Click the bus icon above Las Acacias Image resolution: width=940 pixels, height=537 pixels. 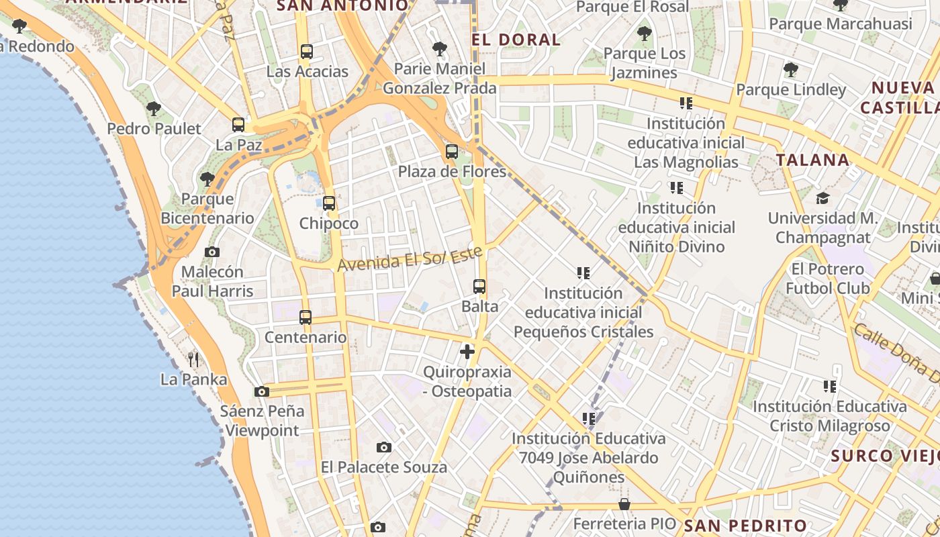click(307, 52)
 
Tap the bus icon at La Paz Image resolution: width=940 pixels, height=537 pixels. click(238, 125)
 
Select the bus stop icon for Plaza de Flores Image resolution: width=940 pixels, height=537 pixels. click(452, 152)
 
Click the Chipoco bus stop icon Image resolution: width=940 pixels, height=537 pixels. click(329, 203)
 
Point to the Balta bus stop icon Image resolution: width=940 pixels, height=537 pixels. click(479, 287)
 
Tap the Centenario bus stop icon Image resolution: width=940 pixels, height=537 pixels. click(305, 318)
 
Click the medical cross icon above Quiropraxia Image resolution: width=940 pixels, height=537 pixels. click(467, 351)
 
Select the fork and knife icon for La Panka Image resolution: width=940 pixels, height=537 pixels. click(193, 360)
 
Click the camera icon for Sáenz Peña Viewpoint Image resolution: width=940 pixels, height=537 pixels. click(262, 391)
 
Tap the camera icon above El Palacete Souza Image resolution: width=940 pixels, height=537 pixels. click(384, 447)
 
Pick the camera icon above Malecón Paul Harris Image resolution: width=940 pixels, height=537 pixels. click(212, 252)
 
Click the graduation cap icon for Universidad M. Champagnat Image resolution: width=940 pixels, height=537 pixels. click(822, 198)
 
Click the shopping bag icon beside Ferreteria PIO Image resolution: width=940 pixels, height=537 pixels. click(624, 504)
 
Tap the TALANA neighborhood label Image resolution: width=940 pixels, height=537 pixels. click(813, 160)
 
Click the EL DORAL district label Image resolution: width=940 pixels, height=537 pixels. click(516, 39)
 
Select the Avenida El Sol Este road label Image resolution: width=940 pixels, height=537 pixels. click(410, 258)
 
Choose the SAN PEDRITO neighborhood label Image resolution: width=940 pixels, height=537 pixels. click(745, 525)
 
